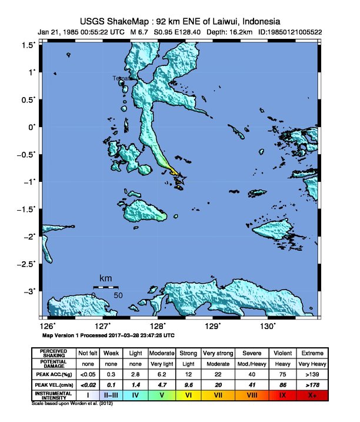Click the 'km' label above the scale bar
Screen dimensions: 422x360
[x=106, y=278]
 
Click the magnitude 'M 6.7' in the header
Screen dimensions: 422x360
[x=140, y=32]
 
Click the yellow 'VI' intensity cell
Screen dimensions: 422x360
[x=188, y=396]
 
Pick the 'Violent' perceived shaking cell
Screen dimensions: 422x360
[x=281, y=353]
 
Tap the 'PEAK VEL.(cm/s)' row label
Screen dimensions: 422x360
[x=54, y=384]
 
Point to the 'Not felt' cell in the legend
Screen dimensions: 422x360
[x=88, y=353]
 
